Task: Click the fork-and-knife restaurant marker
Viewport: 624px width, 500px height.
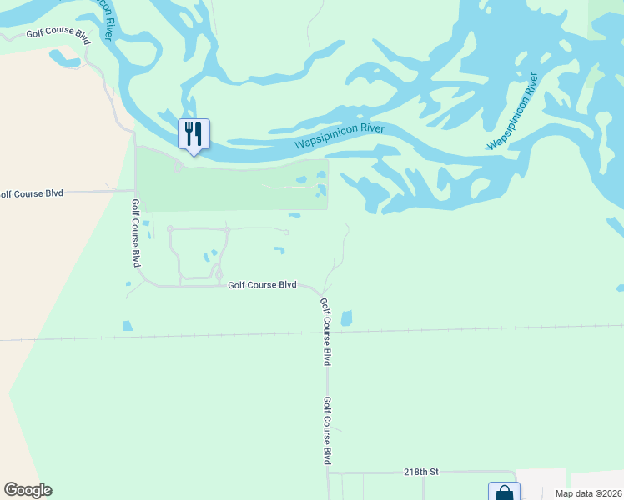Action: (x=194, y=134)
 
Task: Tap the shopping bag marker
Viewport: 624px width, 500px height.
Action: (x=504, y=492)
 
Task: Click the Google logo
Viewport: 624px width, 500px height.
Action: (x=28, y=490)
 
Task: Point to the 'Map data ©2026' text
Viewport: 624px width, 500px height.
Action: (x=588, y=493)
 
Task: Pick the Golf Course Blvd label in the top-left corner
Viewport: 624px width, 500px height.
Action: (x=58, y=35)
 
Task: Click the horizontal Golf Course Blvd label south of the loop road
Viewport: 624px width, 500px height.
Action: (x=263, y=285)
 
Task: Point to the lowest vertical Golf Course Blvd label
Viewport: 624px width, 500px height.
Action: (x=328, y=430)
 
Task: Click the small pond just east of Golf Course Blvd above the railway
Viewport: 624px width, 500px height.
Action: (x=346, y=317)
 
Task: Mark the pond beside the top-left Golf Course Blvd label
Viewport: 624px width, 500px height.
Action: (x=63, y=58)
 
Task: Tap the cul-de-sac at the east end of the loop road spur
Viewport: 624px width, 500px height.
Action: (x=286, y=232)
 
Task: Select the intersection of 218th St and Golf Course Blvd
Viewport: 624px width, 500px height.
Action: (x=329, y=472)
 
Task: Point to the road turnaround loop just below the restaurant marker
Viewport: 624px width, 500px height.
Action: (x=178, y=167)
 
